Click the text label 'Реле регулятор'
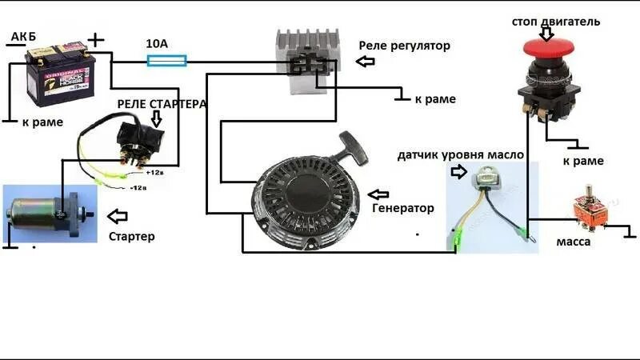tap(405, 46)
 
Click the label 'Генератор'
tap(403, 208)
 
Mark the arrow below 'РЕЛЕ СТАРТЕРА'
tap(157, 118)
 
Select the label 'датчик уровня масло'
tap(461, 154)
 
